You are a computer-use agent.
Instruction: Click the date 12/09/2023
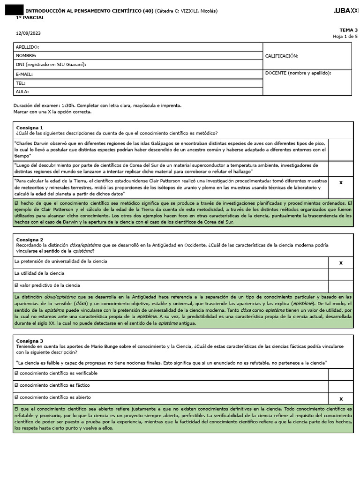point(25,33)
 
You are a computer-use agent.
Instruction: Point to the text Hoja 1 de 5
point(345,36)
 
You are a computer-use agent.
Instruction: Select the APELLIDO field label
point(27,47)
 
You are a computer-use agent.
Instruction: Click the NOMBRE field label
point(26,56)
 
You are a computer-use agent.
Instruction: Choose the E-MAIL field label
point(24,74)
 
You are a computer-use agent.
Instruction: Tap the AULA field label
point(22,92)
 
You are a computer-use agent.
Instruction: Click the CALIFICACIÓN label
point(281,56)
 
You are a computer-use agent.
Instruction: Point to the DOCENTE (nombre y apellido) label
point(298,73)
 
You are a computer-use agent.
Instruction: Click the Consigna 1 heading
point(30,127)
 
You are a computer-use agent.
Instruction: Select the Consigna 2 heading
point(30,240)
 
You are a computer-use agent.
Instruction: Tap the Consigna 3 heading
point(30,341)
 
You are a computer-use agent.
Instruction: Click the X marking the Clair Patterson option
point(340,183)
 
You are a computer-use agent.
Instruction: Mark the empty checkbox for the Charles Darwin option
point(340,150)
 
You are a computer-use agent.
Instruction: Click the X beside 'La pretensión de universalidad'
point(340,263)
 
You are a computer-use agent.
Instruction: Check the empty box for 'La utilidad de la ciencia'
point(340,274)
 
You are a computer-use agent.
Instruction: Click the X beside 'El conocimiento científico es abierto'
point(340,399)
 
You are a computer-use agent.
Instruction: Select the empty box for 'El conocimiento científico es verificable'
point(340,374)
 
